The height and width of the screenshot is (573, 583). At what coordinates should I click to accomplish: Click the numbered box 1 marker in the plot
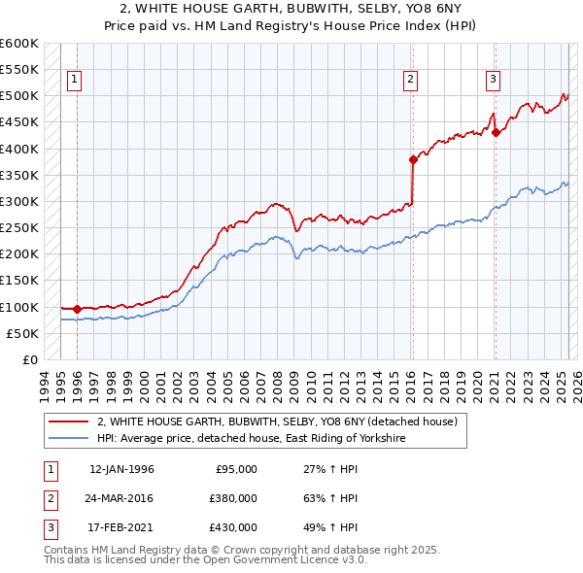[75, 80]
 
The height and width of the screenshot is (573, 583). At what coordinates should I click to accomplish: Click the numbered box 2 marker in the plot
[411, 80]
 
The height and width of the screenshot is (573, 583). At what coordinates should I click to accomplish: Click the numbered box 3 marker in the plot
[494, 80]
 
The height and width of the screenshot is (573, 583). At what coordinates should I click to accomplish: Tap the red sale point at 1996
[78, 309]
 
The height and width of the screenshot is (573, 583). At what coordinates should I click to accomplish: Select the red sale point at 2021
[496, 132]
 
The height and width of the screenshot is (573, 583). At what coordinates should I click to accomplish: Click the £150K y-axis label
[19, 281]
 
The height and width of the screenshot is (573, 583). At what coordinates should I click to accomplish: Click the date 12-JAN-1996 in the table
[121, 469]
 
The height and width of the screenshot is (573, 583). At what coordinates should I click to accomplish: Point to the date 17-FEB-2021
[121, 527]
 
